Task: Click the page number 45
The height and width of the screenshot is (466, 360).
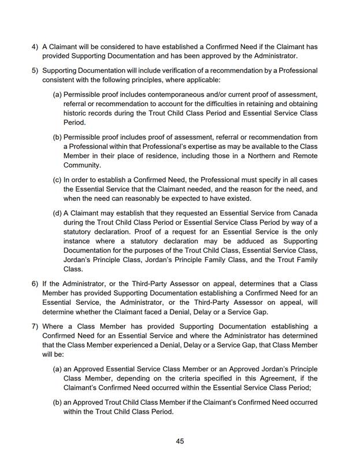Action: pos(180,441)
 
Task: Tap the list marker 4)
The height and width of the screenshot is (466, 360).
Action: pos(35,46)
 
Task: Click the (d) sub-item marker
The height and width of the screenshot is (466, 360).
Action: pos(57,213)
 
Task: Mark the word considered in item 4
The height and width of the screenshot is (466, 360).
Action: pos(111,46)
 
